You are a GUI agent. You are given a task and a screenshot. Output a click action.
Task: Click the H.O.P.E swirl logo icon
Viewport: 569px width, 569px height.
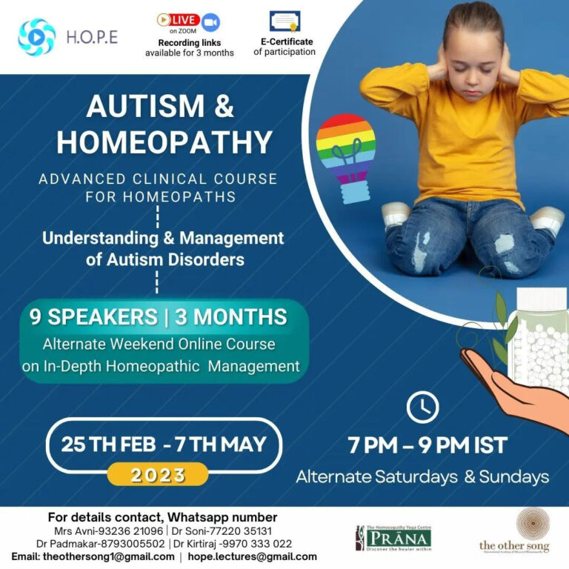click(x=36, y=37)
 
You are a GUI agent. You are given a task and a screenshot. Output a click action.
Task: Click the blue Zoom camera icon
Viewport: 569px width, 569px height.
click(x=210, y=22)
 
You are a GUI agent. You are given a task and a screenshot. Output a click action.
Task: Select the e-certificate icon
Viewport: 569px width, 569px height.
click(x=284, y=21)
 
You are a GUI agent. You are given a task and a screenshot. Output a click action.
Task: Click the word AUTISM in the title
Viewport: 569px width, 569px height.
click(x=146, y=106)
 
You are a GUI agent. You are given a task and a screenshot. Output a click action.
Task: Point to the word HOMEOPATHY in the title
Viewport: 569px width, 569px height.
click(x=164, y=142)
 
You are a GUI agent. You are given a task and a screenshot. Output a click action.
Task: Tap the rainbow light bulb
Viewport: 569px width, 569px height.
click(x=346, y=159)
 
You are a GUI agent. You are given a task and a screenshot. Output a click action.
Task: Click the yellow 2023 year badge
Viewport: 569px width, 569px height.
click(x=158, y=475)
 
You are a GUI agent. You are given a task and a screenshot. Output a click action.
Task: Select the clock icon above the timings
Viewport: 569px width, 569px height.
click(x=422, y=407)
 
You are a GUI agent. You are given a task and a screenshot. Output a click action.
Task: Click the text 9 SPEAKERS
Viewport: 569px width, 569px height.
click(x=93, y=317)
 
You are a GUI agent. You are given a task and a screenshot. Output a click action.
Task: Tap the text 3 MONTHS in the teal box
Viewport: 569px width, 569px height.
click(x=231, y=317)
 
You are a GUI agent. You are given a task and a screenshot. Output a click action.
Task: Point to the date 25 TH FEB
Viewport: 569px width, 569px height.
click(x=108, y=445)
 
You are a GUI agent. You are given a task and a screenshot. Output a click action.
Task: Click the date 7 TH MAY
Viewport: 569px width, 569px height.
click(x=221, y=445)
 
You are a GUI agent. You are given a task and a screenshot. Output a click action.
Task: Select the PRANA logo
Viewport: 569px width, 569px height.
click(x=393, y=538)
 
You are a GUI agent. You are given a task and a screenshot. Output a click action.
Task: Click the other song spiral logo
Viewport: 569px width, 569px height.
click(x=533, y=524)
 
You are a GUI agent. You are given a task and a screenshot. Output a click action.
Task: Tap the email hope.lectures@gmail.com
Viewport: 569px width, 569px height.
click(x=252, y=556)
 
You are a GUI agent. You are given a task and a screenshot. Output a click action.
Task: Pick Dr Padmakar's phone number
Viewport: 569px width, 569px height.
click(x=133, y=544)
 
